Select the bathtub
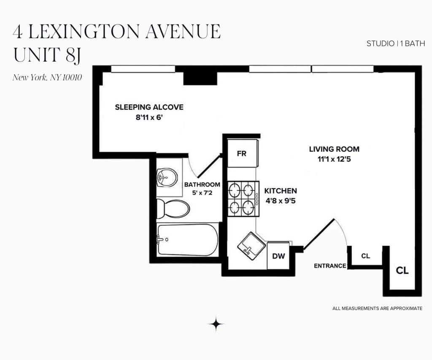pos(187,239)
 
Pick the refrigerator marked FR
pos(241,154)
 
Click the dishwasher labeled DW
pos(278,256)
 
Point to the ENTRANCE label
pos(330,266)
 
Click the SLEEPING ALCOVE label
pos(149,107)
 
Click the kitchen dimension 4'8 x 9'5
pos(280,201)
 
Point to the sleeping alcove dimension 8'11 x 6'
pos(149,118)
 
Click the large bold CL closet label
pos(402,271)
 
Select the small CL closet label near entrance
pos(366,256)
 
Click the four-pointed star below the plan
pos(216,324)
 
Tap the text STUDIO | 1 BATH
pos(395,43)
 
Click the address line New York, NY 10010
pos(47,77)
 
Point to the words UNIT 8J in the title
pos(47,55)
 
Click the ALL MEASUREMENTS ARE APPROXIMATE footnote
pos(377,309)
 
